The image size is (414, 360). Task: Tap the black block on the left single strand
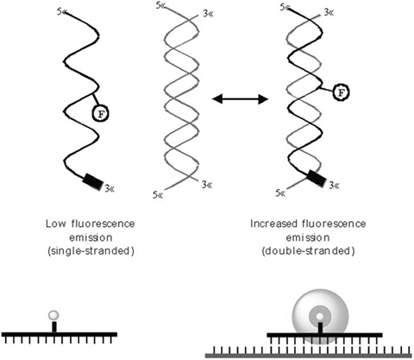pos(91,180)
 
